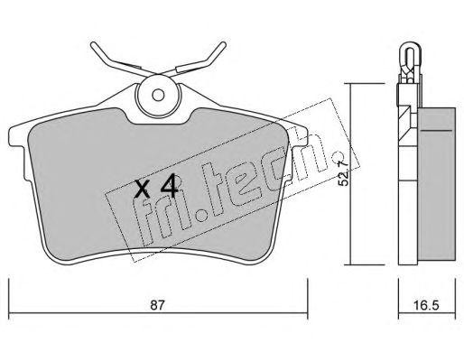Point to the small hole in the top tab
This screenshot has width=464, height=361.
[x=160, y=95]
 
